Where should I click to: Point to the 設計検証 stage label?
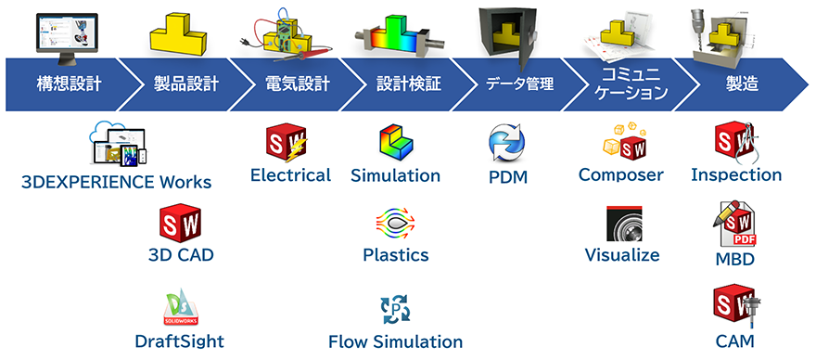click(x=408, y=84)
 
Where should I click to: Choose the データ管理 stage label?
click(x=519, y=84)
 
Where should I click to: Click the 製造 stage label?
click(x=742, y=84)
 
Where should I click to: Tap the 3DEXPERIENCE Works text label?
click(x=116, y=182)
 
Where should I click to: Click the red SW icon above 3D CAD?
click(x=181, y=224)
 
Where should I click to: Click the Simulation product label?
click(x=395, y=175)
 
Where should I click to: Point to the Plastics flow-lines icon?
click(x=395, y=221)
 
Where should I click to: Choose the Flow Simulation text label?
click(x=395, y=341)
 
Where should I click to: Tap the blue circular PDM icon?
click(x=507, y=144)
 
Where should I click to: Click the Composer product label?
click(x=621, y=174)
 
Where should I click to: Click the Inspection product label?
click(x=736, y=174)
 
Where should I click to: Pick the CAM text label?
click(x=735, y=341)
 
